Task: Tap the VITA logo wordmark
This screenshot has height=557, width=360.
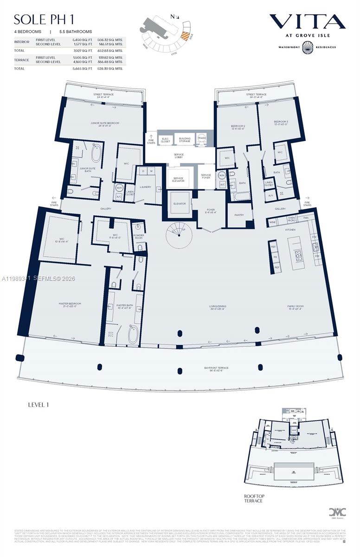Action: (x=307, y=22)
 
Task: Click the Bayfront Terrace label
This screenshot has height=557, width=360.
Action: (x=216, y=369)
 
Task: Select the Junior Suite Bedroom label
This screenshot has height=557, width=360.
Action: (x=104, y=124)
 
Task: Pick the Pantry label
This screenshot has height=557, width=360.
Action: (x=239, y=215)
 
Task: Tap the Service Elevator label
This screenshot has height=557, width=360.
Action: (x=178, y=180)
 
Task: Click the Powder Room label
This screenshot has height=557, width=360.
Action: (x=139, y=237)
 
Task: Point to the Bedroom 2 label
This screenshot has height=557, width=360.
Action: (x=238, y=127)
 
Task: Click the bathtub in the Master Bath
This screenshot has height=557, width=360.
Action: (x=133, y=334)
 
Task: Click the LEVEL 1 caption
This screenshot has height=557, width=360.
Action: (x=38, y=405)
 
